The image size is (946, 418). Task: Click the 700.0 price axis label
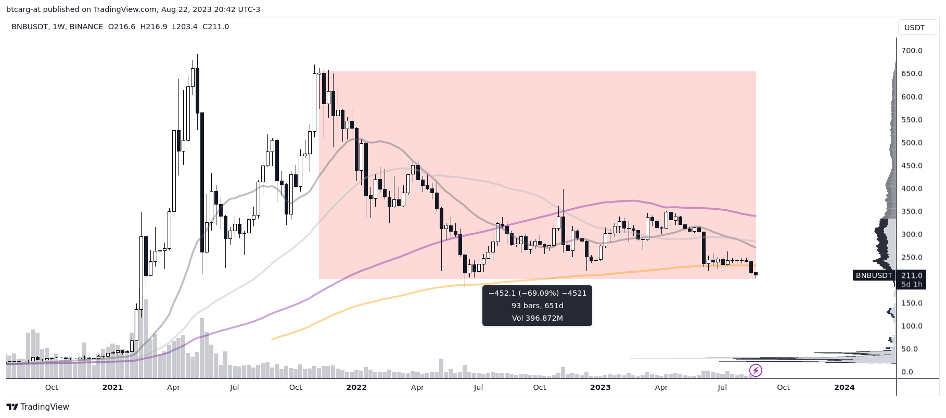coord(912,50)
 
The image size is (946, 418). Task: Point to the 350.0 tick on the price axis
coord(912,211)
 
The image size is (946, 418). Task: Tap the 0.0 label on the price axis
coord(907,372)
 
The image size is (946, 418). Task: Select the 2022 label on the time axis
coord(356,387)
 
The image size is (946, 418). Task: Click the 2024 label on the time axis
coord(844,387)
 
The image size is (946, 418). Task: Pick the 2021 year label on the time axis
coord(112,387)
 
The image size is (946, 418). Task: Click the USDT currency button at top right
coord(914,28)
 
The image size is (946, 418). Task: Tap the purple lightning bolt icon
coord(756,371)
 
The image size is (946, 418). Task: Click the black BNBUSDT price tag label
coord(874,275)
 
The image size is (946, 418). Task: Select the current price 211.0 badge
coord(912,275)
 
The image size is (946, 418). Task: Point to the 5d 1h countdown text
coord(912,284)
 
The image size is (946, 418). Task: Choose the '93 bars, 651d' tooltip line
coord(537,306)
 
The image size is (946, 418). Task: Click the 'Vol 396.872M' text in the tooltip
coord(537,318)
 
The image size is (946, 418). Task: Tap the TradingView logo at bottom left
coord(37,407)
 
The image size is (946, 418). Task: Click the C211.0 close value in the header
coord(215,27)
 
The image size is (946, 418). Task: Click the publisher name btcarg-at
coord(23,9)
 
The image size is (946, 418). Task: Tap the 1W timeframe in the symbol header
coord(58,27)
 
